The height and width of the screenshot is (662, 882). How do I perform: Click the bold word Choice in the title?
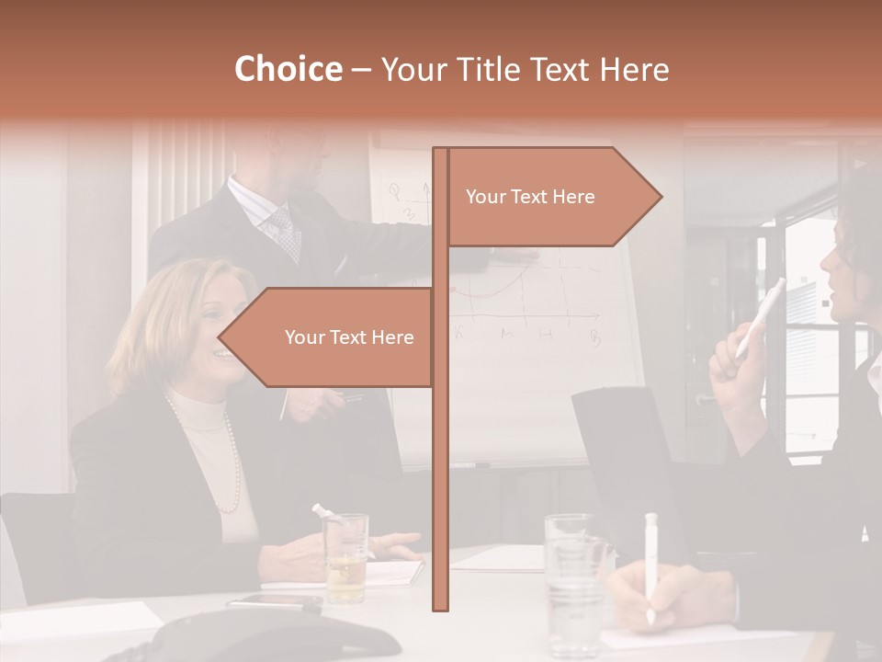coord(288,70)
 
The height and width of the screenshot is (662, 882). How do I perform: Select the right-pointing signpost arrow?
coord(551,197)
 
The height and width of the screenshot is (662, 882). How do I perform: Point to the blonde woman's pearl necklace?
coord(230,460)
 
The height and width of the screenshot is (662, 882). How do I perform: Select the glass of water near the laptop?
coord(573,579)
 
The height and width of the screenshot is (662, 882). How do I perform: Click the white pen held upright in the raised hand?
coord(761,317)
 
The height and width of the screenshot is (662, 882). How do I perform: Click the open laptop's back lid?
coord(634,460)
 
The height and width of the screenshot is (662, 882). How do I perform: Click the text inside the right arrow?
coord(530,197)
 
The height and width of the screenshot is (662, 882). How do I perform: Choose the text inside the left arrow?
coord(349,337)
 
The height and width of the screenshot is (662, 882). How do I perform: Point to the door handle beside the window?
coord(705,399)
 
